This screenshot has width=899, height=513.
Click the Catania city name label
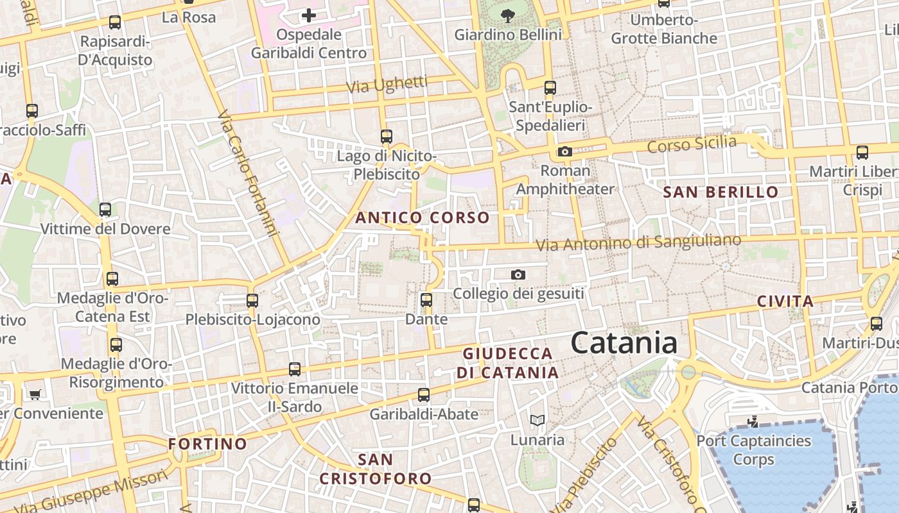coord(624,343)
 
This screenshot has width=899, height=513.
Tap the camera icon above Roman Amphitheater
coord(564,152)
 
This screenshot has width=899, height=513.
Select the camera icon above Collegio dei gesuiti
coord(518,275)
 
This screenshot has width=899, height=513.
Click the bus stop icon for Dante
coord(426,299)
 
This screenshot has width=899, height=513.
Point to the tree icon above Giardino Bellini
coord(507,15)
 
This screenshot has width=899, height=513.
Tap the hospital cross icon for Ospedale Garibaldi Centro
coord(309,15)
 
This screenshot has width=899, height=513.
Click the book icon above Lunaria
coord(537,421)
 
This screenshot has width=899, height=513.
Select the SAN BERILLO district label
coord(720,192)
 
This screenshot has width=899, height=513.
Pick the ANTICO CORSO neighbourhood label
coord(423,218)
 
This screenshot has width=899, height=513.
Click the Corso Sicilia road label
coord(692,144)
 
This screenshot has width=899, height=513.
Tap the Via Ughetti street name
coord(387,85)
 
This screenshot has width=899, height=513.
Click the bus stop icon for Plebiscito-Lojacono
coord(252,300)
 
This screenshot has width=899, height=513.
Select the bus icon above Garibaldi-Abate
coord(424,394)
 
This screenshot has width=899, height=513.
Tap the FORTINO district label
coord(207,444)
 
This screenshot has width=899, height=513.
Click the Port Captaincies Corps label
coord(754,450)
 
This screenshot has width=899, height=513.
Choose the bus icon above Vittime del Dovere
coord(105,210)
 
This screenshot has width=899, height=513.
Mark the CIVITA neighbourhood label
coord(785,301)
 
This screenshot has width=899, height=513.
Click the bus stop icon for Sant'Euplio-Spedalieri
coord(550,88)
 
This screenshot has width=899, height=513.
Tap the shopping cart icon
coord(35,394)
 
